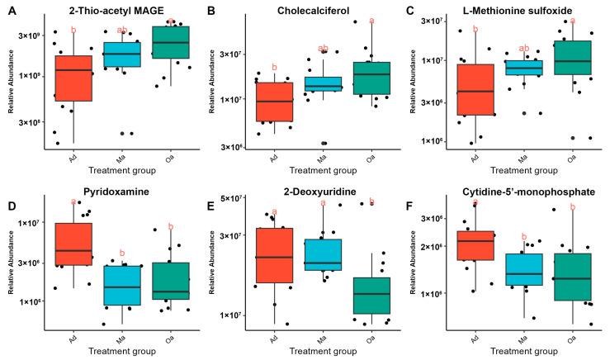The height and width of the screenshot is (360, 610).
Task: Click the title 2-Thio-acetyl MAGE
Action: (121, 9)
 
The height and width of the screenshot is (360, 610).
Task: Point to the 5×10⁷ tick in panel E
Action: (234, 198)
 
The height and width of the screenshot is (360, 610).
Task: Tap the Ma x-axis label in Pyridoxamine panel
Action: (122, 337)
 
